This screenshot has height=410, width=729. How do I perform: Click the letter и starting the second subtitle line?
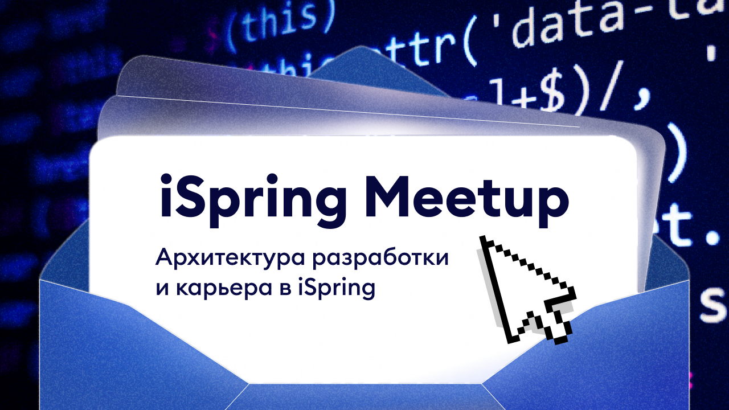point(162,289)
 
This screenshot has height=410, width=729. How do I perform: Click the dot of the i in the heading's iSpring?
point(165,176)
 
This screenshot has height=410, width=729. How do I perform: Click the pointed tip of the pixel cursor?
point(483,237)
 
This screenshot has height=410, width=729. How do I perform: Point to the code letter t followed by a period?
point(683,225)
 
